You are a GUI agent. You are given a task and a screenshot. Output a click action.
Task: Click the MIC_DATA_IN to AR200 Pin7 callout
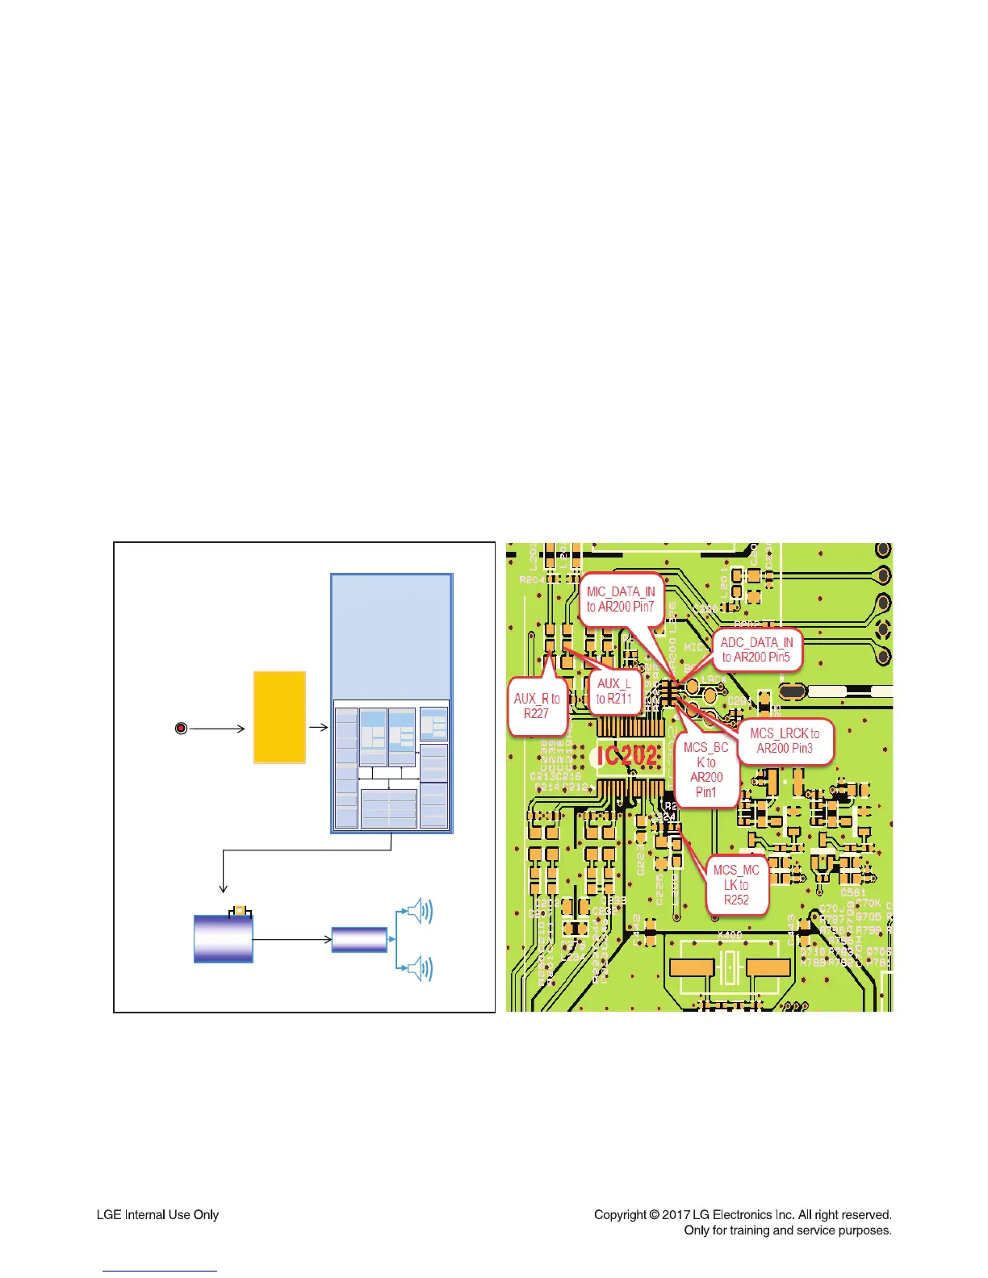pyautogui.click(x=621, y=599)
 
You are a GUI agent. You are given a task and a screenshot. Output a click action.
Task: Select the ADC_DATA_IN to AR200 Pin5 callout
pyautogui.click(x=756, y=649)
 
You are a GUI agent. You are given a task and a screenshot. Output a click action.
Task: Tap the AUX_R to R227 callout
pyautogui.click(x=537, y=706)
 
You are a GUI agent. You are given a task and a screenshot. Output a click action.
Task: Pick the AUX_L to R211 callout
pyautogui.click(x=613, y=691)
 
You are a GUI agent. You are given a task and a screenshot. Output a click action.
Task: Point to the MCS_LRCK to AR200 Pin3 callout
pyautogui.click(x=785, y=741)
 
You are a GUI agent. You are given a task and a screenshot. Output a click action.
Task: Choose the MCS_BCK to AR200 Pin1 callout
pyautogui.click(x=706, y=770)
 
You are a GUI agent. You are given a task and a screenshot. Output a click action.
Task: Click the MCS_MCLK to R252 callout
pyautogui.click(x=736, y=884)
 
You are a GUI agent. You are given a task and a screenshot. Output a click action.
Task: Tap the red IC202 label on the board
pyautogui.click(x=626, y=755)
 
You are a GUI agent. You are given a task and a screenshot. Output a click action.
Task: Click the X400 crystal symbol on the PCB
pyautogui.click(x=730, y=967)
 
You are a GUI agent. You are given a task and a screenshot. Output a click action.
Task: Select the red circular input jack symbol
pyautogui.click(x=182, y=729)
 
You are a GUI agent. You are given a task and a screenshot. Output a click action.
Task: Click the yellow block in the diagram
pyautogui.click(x=279, y=717)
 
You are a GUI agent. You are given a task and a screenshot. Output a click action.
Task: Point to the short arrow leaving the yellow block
pyautogui.click(x=318, y=727)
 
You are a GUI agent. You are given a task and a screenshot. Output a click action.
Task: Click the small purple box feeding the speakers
pyautogui.click(x=359, y=939)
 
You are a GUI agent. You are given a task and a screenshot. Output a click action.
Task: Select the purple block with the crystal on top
pyautogui.click(x=223, y=938)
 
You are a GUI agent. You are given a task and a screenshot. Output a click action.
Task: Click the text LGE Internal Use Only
pyautogui.click(x=157, y=1214)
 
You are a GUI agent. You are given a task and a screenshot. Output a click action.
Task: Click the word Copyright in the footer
pyautogui.click(x=621, y=1214)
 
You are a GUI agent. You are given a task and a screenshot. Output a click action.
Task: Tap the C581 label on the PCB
pyautogui.click(x=852, y=893)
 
